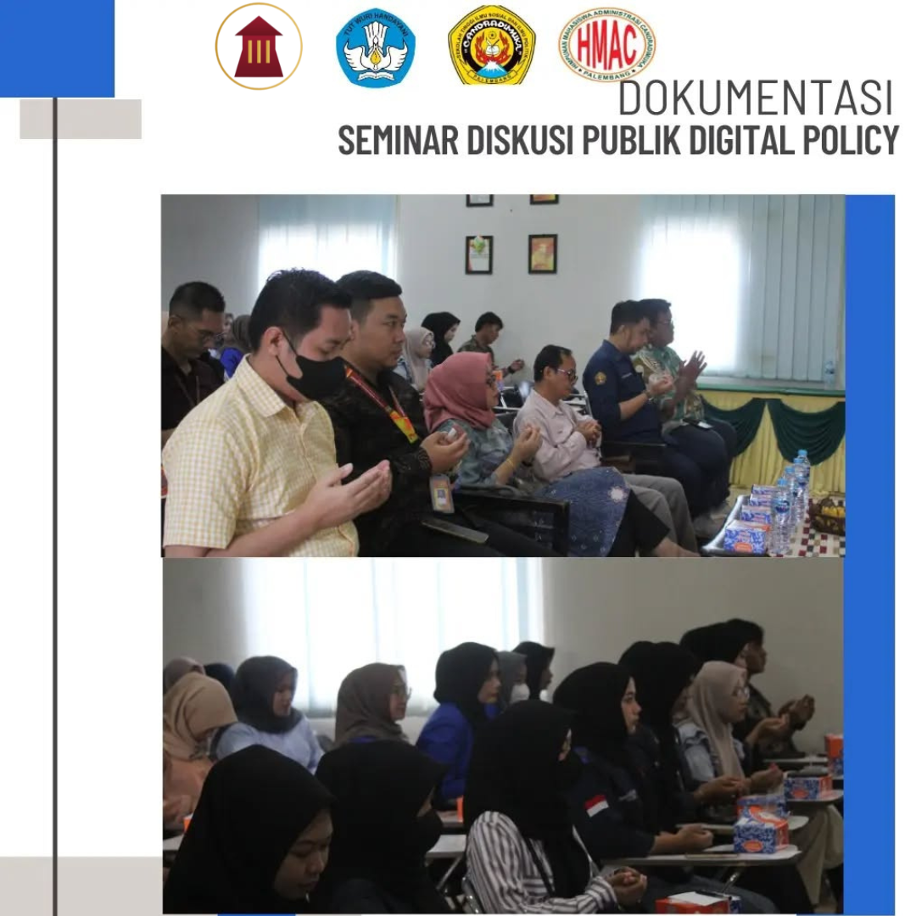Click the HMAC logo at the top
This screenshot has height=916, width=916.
606,44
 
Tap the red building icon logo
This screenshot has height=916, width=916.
259,47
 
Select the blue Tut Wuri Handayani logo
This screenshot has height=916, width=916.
375,47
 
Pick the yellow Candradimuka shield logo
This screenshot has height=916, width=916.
492,45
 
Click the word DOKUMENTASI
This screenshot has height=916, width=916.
755,98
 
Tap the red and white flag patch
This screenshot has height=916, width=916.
596,805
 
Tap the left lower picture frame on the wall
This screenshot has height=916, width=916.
478,254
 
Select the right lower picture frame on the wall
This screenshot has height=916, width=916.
542,253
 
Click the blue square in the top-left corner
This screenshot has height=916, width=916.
56,47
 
